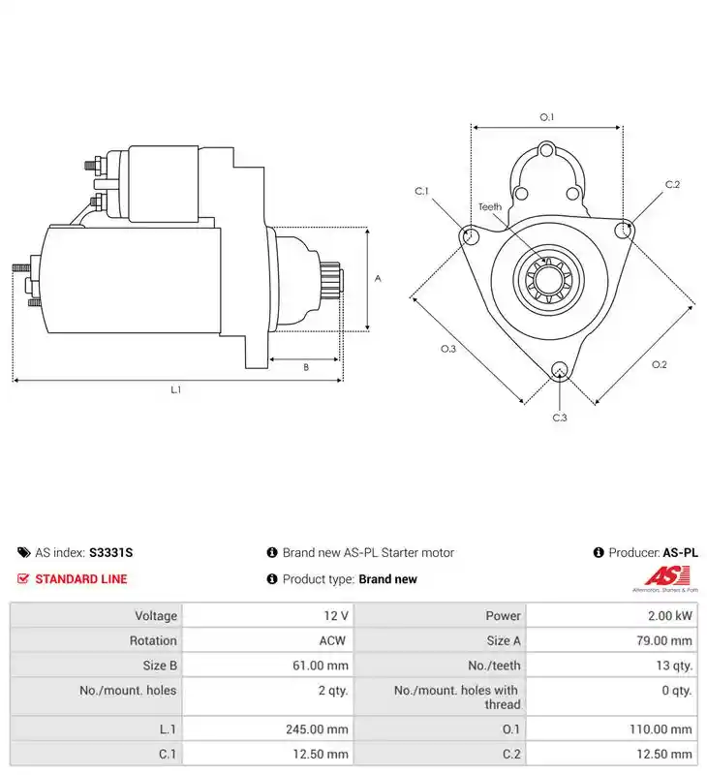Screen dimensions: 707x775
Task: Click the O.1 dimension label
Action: coord(546,117)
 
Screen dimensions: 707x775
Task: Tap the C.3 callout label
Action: coord(559,418)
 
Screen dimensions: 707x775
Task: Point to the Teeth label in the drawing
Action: coord(490,206)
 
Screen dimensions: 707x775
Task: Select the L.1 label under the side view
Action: coord(176,389)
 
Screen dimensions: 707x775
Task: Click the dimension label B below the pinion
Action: coord(306,367)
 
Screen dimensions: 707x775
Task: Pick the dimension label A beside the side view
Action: coord(378,278)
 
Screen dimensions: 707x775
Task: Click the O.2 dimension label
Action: coord(660,364)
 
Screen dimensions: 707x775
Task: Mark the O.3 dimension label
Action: coord(448,349)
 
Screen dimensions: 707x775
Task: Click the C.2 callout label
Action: coord(672,184)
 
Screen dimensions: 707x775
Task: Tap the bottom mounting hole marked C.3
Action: coord(559,370)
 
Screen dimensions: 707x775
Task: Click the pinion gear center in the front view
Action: coord(548,280)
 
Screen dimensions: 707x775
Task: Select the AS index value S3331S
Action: coord(110,552)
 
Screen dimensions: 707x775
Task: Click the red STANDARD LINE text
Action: coord(81,578)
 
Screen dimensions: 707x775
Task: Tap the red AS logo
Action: coord(667,576)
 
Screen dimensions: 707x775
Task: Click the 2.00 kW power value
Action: coord(670,616)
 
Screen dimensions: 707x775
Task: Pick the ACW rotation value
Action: coord(332,640)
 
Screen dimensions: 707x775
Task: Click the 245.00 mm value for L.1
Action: coord(317,729)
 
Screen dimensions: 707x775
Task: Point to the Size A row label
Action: coord(504,640)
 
